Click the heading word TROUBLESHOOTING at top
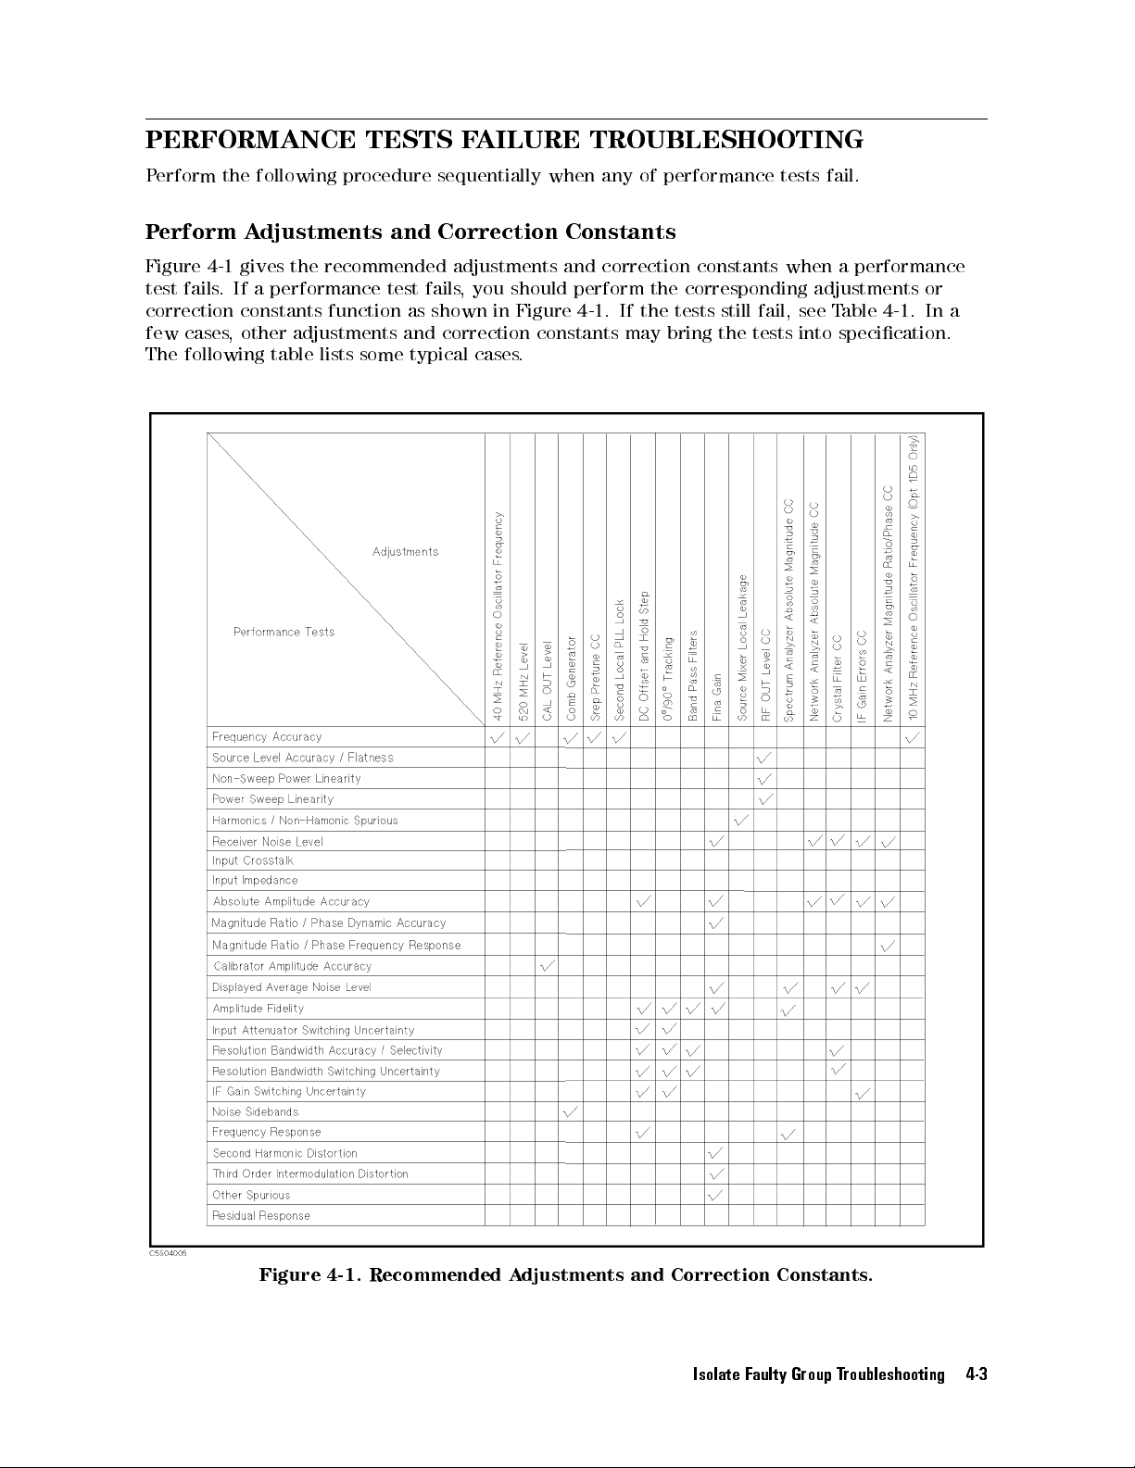726,141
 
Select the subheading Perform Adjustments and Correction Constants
410,232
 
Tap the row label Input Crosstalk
252,860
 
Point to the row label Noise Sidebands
255,1111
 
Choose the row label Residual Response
260,1215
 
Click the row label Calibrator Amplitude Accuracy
292,966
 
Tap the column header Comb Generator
572,677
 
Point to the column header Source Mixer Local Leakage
742,647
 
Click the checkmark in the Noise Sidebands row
571,1110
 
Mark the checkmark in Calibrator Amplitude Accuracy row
547,966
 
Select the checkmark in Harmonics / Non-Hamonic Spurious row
740,820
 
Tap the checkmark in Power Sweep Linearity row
764,798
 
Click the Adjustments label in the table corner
405,552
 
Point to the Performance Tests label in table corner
284,632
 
